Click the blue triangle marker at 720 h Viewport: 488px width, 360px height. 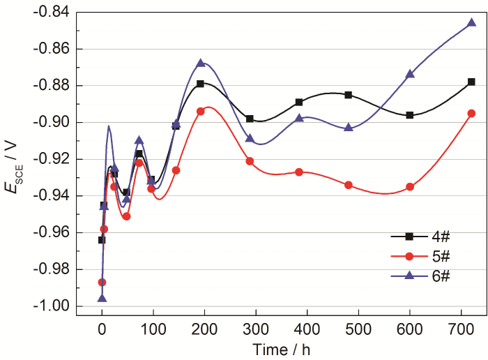[x=471, y=22]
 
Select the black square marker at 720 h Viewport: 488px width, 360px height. [x=471, y=82]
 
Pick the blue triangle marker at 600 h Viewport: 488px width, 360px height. [x=410, y=74]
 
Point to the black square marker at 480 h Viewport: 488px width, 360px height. [x=348, y=95]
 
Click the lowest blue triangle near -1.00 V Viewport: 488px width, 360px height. [x=102, y=298]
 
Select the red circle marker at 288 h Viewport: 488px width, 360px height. [x=250, y=161]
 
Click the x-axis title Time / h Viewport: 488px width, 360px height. [x=282, y=347]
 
